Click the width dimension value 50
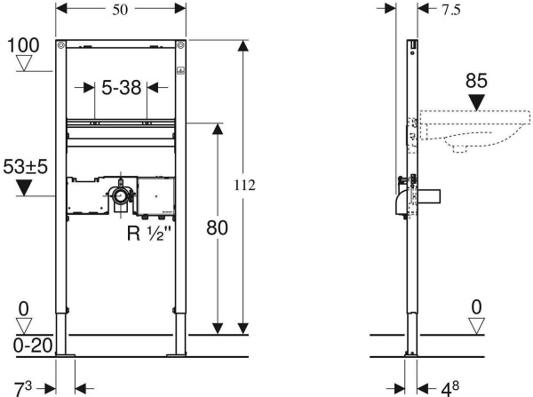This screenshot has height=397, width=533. click(x=120, y=10)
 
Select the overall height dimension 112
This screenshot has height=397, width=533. click(x=244, y=186)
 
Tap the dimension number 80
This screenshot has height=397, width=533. click(x=217, y=227)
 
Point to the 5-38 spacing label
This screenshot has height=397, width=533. click(x=122, y=88)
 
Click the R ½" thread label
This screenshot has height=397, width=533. click(x=148, y=234)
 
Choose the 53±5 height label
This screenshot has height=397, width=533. click(x=25, y=167)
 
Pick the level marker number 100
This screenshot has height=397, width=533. click(x=23, y=45)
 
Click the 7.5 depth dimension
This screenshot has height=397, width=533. click(x=451, y=10)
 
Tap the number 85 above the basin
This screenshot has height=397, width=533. click(x=476, y=81)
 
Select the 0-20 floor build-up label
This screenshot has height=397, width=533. click(x=33, y=345)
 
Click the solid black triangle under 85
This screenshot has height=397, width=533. click(x=476, y=103)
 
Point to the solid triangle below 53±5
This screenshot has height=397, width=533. click(x=24, y=188)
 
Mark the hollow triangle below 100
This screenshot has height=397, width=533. click(x=24, y=63)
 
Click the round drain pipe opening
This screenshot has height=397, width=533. click(x=120, y=195)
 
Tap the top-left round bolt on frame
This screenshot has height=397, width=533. click(x=61, y=45)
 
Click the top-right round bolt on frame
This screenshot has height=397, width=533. click(x=180, y=45)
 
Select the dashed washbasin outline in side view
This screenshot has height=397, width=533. click(x=475, y=131)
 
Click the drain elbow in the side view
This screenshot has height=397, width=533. click(x=402, y=203)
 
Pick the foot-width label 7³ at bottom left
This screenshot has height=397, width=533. click(x=22, y=389)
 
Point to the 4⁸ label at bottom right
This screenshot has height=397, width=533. click(x=450, y=389)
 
